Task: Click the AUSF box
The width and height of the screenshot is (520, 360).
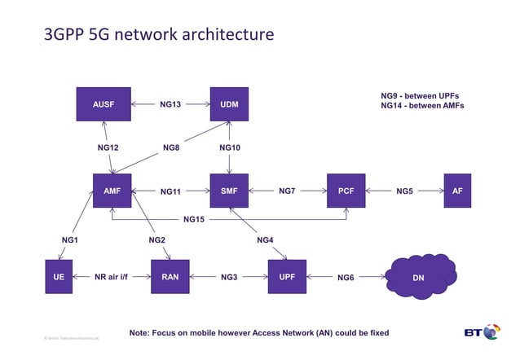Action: point(104,104)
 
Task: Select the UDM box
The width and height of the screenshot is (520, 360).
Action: point(229,104)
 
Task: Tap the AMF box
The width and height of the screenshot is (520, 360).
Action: point(112,191)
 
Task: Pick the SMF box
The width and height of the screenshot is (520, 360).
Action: point(229,191)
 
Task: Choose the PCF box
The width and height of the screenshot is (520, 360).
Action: point(346,191)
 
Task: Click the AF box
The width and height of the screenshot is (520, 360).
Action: point(457,191)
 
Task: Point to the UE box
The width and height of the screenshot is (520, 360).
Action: point(59,277)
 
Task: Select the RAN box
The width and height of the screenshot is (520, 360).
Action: point(170,277)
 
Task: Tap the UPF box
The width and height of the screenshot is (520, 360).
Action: point(287,277)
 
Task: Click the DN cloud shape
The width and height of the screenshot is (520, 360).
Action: point(418,278)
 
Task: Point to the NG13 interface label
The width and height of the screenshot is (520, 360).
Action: point(170,104)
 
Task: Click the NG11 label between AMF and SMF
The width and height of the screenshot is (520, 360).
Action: point(170,191)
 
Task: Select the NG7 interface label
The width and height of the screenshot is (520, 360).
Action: point(287,191)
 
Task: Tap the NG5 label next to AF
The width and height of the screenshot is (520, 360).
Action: point(404,191)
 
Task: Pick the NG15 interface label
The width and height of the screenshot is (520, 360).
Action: point(194,219)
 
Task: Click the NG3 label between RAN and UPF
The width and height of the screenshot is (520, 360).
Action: point(229,278)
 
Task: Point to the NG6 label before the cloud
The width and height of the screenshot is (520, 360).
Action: point(346,278)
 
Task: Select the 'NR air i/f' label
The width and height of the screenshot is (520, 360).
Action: point(112,277)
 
